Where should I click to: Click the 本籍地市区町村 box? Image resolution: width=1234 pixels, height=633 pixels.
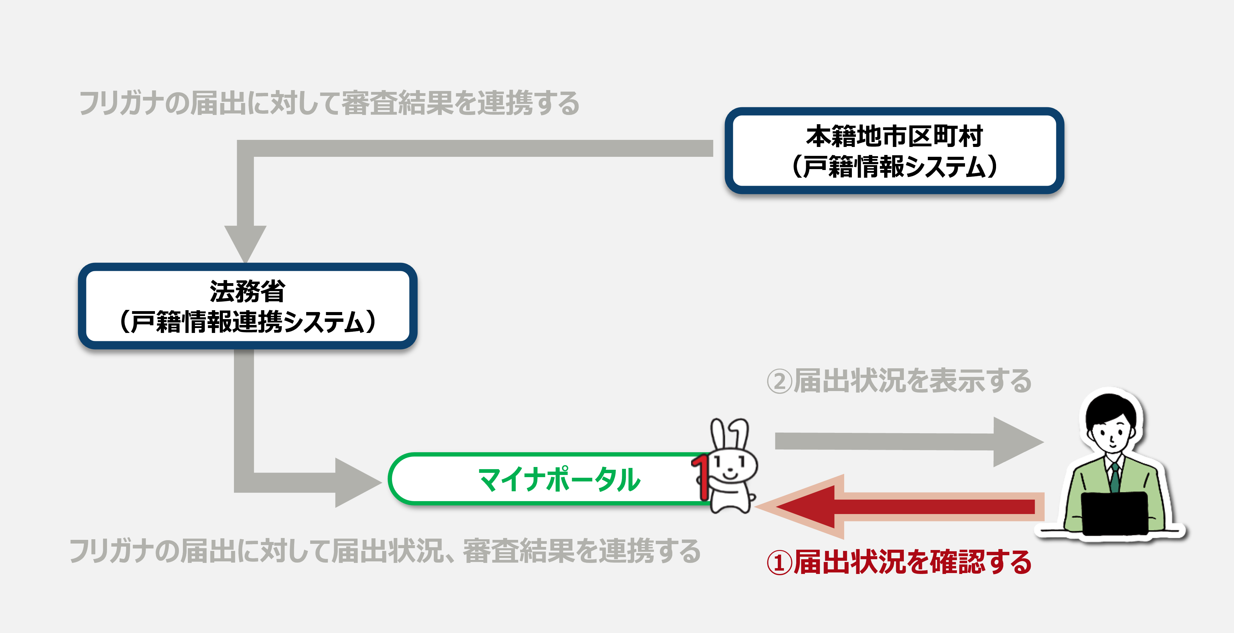click(894, 150)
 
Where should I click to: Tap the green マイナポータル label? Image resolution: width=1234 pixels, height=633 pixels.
click(559, 479)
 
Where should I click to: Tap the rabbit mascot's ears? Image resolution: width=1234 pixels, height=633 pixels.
click(729, 434)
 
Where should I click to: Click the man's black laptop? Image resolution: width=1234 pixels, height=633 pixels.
click(1114, 513)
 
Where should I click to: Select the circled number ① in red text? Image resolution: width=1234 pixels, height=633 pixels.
click(779, 563)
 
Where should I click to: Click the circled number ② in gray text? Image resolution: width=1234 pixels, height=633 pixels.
click(779, 382)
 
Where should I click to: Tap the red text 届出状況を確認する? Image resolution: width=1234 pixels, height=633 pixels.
click(912, 562)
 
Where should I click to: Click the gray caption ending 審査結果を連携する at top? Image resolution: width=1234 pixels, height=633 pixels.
click(330, 103)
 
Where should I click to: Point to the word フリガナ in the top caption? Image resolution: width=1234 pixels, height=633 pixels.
click(120, 103)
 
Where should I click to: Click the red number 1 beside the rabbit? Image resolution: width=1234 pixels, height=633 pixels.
click(700, 477)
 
